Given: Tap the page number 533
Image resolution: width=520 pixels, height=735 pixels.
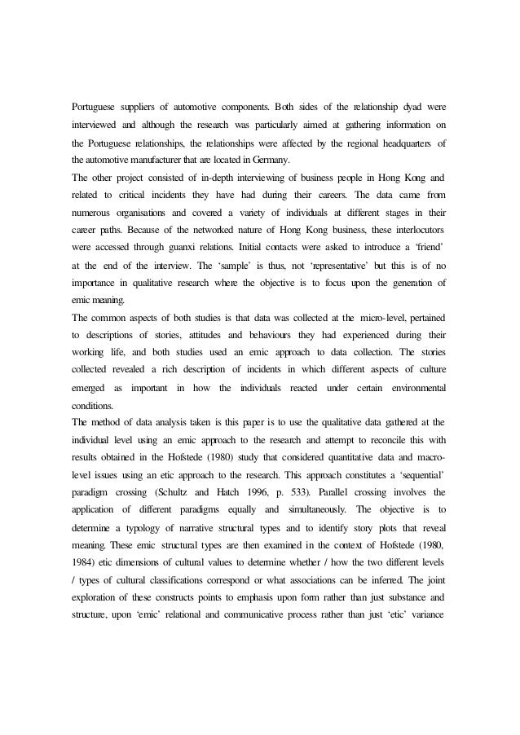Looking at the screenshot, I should click(319, 491).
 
